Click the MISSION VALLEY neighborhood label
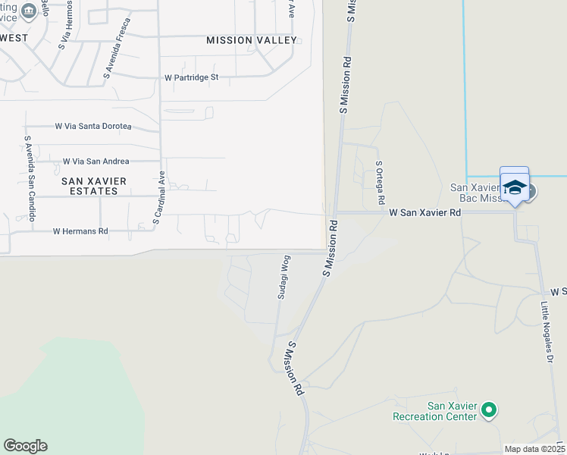point(251,40)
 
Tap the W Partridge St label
point(191,77)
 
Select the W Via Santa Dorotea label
point(93,126)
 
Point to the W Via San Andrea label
point(96,162)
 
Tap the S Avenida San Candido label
point(30,178)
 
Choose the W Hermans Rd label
point(80,231)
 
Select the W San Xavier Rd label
point(425,214)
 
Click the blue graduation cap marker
point(515,187)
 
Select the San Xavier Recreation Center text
point(435,411)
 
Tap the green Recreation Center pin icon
point(489,411)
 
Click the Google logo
point(25,446)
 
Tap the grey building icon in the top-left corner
point(29,11)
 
